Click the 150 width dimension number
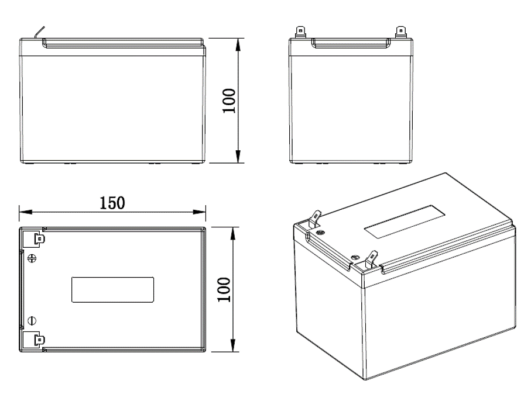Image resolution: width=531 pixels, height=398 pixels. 111,203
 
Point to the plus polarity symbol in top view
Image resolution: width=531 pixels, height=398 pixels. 33,258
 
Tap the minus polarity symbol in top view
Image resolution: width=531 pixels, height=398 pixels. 33,320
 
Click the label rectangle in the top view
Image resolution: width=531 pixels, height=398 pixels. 113,289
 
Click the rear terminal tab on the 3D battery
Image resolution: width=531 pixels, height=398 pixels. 315,219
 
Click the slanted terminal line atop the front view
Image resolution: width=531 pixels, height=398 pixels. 40,33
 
